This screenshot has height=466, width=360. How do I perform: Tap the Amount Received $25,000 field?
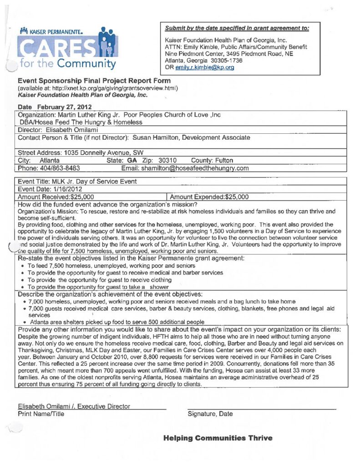point(56,197)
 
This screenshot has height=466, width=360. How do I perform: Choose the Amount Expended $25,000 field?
point(210,197)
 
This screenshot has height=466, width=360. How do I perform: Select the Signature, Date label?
point(210,414)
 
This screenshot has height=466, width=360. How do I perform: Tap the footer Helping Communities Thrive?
point(218,438)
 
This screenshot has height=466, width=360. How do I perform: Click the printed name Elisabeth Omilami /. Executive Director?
point(74,406)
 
